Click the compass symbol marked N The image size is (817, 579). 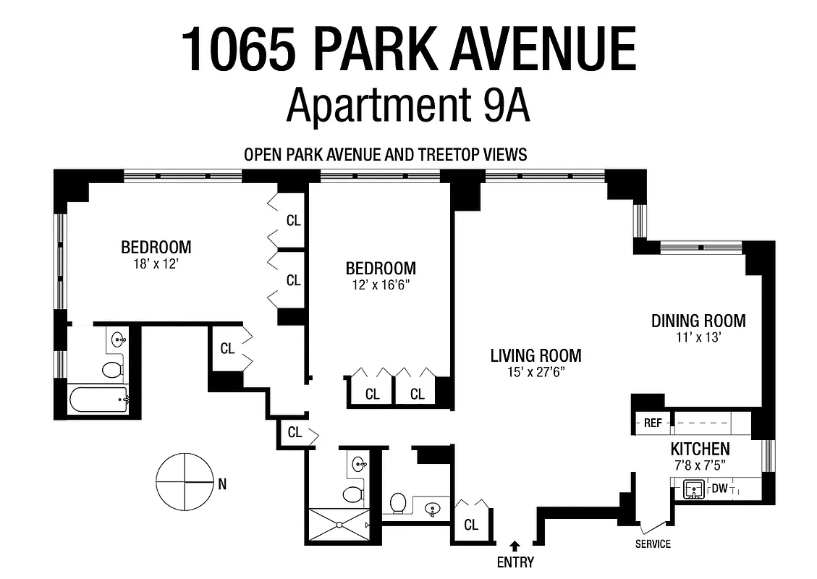pyautogui.click(x=184, y=481)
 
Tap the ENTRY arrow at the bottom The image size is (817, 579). pyautogui.click(x=515, y=545)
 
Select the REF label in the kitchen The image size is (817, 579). pyautogui.click(x=653, y=423)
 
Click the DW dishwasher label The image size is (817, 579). pyautogui.click(x=719, y=489)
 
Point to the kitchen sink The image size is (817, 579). pyautogui.click(x=694, y=490)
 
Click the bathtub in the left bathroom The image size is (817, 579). pyautogui.click(x=98, y=399)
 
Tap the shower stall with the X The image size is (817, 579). pyautogui.click(x=339, y=525)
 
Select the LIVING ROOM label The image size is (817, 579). pyautogui.click(x=536, y=355)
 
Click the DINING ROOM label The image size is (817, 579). pyautogui.click(x=698, y=321)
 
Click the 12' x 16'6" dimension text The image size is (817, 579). pyautogui.click(x=381, y=285)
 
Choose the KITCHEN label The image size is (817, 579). pyautogui.click(x=700, y=449)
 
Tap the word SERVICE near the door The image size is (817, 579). pyautogui.click(x=653, y=544)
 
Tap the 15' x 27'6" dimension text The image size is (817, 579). pyautogui.click(x=536, y=373)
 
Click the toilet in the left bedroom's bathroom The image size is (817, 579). pyautogui.click(x=113, y=370)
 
